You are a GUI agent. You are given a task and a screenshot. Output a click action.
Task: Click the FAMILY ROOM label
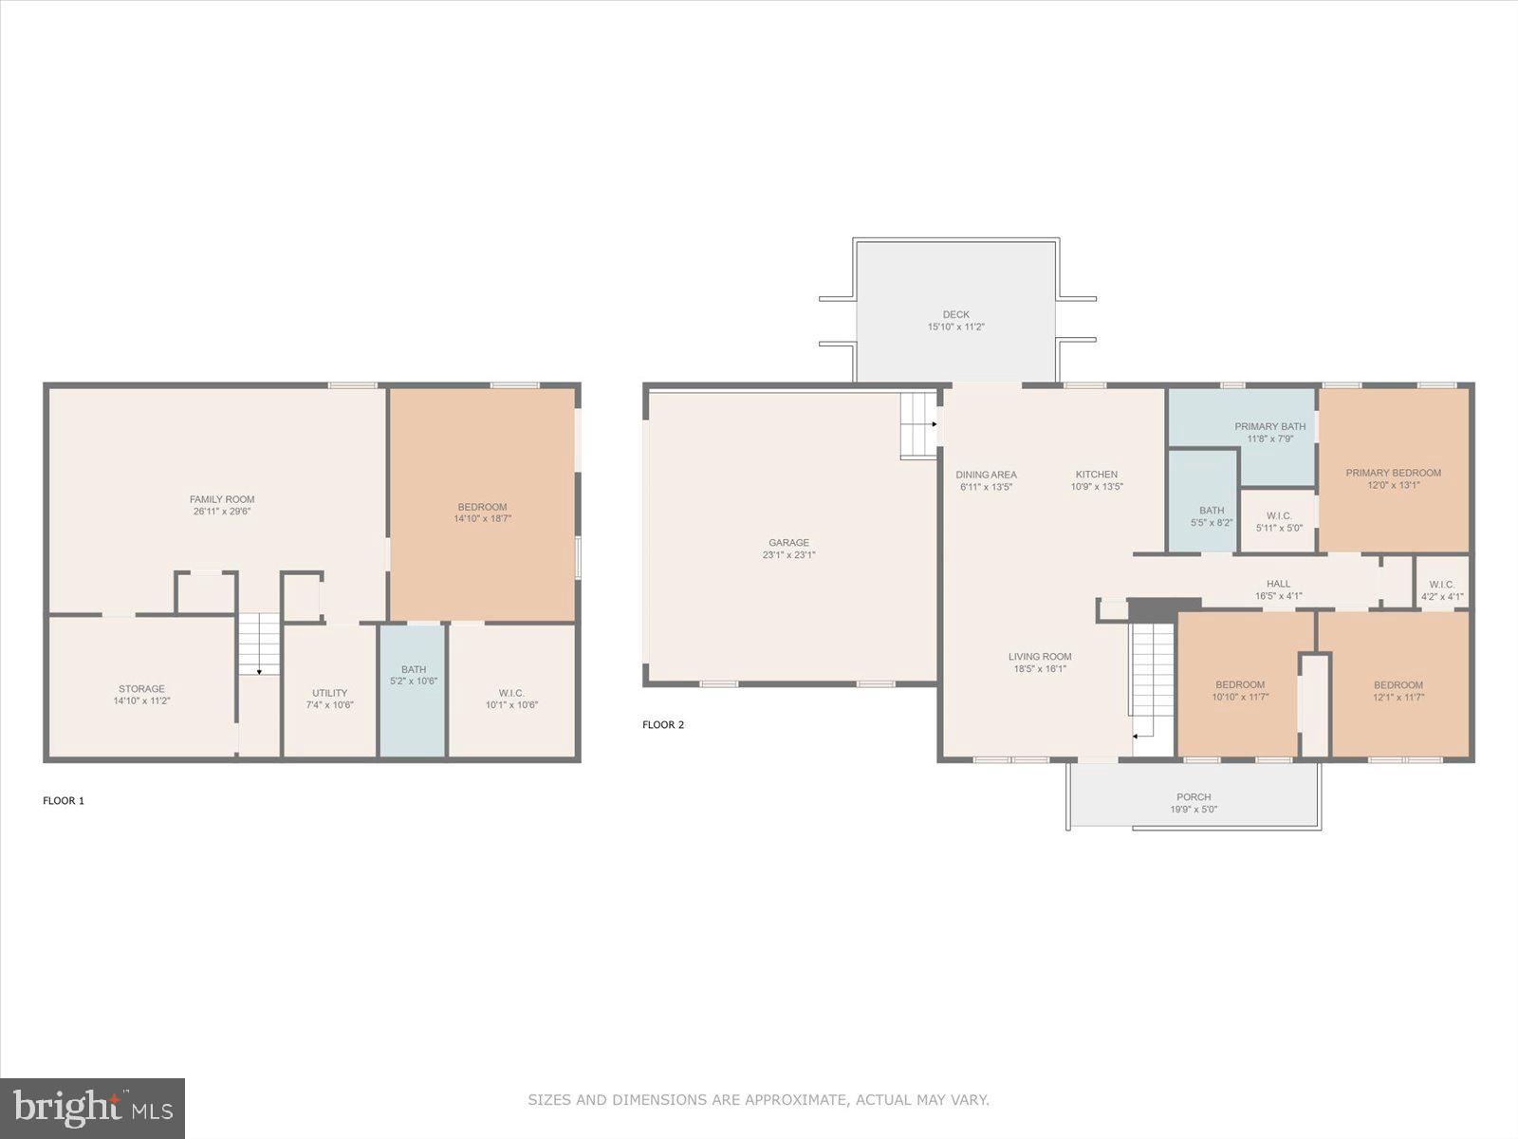pyautogui.click(x=222, y=499)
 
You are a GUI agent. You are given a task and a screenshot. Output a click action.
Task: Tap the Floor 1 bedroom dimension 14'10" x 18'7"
pyautogui.click(x=482, y=518)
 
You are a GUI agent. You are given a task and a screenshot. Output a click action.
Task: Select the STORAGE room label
pyautogui.click(x=141, y=689)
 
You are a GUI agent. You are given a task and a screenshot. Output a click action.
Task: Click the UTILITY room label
pyautogui.click(x=329, y=693)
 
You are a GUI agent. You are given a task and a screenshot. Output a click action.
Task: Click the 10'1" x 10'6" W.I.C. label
pyautogui.click(x=511, y=704)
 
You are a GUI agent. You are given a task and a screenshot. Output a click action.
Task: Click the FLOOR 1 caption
pyautogui.click(x=64, y=800)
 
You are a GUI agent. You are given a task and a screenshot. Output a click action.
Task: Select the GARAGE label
pyautogui.click(x=788, y=543)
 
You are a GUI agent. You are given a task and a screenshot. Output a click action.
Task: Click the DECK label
pyautogui.click(x=955, y=314)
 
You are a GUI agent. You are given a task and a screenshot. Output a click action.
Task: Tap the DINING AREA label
pyautogui.click(x=986, y=475)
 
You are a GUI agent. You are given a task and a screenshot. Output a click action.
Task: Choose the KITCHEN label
pyautogui.click(x=1096, y=475)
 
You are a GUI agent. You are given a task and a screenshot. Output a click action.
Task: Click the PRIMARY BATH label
pyautogui.click(x=1269, y=426)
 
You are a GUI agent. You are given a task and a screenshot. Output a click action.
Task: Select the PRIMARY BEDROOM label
pyautogui.click(x=1393, y=473)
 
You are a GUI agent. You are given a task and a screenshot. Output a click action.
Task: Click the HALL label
pyautogui.click(x=1278, y=584)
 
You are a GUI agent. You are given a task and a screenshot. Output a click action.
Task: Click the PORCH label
pyautogui.click(x=1193, y=797)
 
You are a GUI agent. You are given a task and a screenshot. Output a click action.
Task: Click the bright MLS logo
pyautogui.click(x=93, y=1108)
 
